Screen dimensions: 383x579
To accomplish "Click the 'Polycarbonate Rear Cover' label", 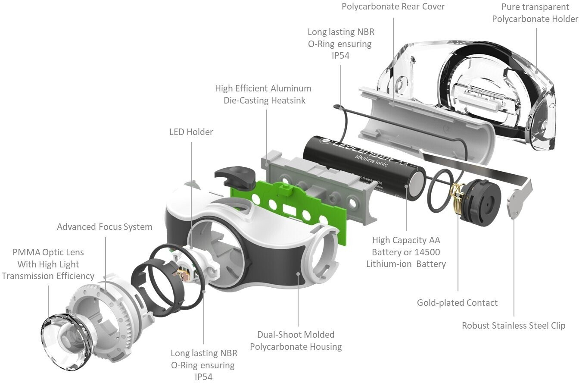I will [393, 6].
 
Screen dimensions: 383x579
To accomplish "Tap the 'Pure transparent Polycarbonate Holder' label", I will [535, 13].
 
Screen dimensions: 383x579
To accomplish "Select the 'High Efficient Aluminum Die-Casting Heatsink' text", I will [263, 94].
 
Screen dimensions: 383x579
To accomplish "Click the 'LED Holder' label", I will [191, 132].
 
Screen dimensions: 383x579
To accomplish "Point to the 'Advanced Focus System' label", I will [104, 227].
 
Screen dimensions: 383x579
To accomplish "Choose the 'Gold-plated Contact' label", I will [457, 303].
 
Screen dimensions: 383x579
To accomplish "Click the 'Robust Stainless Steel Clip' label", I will [514, 326].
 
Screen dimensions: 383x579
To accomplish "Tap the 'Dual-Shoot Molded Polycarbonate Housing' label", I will [296, 340].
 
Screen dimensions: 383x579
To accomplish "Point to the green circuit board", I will [293, 207].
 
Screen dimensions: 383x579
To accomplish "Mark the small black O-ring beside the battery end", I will [440, 190].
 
